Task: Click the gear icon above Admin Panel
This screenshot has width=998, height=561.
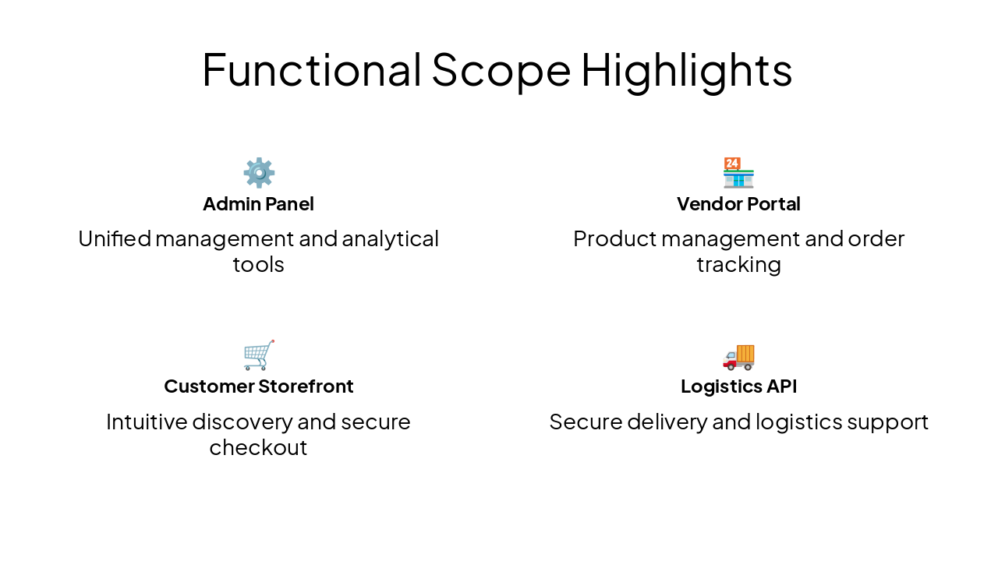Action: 259,172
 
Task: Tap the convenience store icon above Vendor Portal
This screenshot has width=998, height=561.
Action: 738,172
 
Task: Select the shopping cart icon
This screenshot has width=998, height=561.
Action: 259,355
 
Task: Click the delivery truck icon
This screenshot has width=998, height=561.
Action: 738,356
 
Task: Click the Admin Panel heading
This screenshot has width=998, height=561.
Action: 258,204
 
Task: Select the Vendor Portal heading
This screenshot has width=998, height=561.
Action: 738,204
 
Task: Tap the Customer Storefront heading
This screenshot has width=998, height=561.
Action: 258,386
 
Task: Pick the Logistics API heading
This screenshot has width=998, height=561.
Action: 738,386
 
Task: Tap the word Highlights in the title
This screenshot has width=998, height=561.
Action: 686,69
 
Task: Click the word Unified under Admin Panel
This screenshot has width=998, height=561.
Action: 114,238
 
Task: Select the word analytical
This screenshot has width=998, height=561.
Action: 391,238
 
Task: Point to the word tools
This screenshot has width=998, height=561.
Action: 258,265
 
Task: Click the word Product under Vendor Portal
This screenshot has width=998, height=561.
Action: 611,238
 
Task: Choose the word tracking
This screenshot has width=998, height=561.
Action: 738,265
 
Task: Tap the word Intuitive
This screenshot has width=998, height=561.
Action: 146,422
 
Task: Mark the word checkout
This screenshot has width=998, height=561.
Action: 258,448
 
